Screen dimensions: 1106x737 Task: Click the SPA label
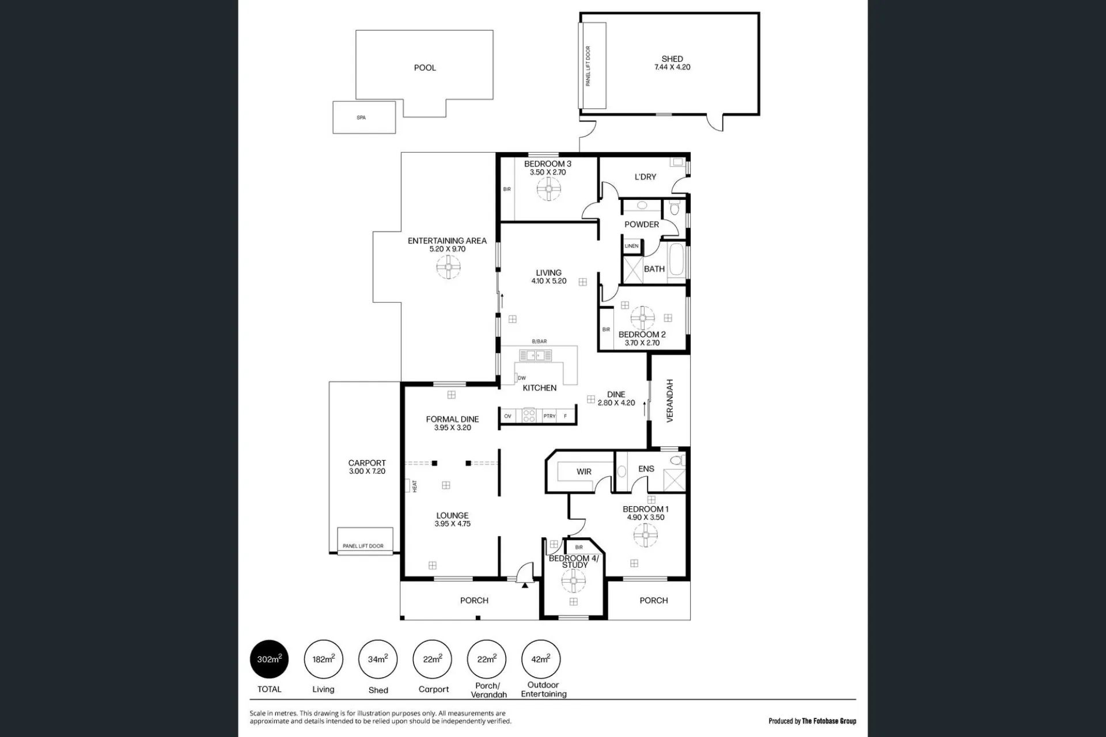361,117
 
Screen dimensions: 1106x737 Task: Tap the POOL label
425,67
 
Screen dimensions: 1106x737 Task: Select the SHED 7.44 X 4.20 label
672,63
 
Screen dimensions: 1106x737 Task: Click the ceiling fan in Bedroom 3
549,188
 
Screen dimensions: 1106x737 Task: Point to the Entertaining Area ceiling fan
448,267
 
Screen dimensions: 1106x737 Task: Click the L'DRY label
645,177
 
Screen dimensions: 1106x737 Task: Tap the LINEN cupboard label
631,246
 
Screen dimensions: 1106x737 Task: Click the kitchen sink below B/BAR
536,355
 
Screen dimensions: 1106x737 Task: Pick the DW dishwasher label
522,378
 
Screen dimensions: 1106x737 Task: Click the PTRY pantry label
549,416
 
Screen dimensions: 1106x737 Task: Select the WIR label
584,472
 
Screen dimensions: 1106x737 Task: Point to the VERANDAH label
670,401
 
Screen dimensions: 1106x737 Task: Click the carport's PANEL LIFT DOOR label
363,546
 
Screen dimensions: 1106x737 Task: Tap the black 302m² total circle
269,659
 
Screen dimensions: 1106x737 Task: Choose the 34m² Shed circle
378,659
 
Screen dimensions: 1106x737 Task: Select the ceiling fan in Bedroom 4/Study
573,582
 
